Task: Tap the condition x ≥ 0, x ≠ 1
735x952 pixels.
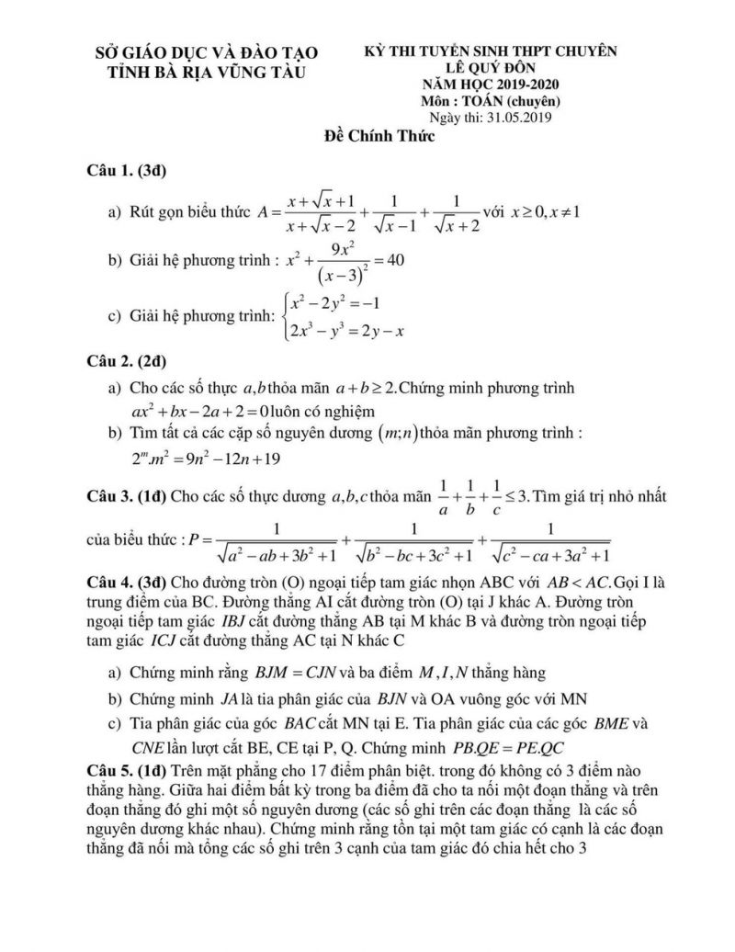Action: tap(542, 212)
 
